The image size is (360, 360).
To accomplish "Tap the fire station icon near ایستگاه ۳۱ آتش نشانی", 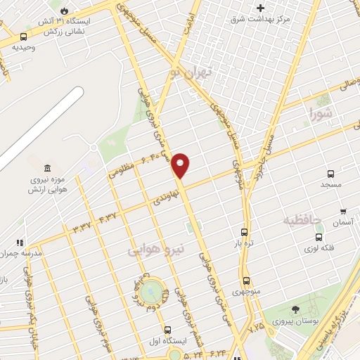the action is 65,11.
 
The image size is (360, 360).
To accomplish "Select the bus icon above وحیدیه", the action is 24,37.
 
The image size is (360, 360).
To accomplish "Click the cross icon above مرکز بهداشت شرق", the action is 261,8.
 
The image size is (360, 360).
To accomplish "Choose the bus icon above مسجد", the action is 330,174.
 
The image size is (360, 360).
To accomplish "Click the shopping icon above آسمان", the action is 343,212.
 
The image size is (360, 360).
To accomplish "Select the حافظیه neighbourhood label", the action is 302,221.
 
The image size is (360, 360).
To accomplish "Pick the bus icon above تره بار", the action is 244,232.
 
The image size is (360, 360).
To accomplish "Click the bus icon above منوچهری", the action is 245,281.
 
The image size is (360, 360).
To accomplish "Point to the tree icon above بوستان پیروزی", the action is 295,309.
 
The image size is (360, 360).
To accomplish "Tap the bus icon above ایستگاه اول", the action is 167,330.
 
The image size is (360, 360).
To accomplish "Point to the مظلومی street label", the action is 122,169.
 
